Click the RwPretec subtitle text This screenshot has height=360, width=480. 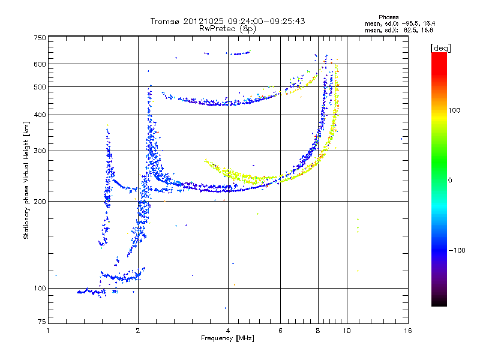coord(217,28)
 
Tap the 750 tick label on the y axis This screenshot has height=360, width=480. coord(40,38)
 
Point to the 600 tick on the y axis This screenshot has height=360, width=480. coord(40,64)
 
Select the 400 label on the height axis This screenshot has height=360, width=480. coord(40,115)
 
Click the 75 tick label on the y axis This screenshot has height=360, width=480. coord(41,322)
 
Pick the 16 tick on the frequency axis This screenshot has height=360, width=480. coord(407,331)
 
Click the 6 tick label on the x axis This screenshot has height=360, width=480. coord(280,331)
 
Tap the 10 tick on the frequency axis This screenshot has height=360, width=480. coord(346,331)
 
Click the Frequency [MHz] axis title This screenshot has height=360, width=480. coord(227,339)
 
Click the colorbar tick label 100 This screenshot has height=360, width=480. coord(455,110)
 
